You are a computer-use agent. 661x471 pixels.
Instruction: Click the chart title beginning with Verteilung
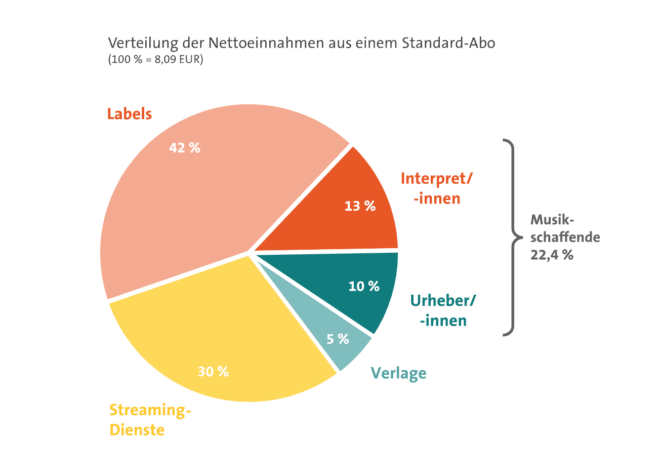(301, 43)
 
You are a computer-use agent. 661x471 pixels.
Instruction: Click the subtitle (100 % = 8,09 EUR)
(155, 59)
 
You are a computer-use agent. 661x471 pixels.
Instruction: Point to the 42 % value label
(185, 148)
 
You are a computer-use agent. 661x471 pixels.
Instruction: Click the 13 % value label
(360, 206)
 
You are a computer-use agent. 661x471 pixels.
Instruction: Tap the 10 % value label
(364, 287)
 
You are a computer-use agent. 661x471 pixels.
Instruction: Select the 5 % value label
(338, 339)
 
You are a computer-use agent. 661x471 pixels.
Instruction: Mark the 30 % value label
(213, 372)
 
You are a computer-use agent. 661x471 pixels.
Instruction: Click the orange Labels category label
(130, 114)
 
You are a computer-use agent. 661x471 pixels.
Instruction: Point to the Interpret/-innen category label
(436, 188)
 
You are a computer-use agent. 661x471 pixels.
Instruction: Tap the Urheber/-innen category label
(443, 310)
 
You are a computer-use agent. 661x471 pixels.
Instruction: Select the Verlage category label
(398, 373)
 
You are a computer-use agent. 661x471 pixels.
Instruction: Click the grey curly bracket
(511, 237)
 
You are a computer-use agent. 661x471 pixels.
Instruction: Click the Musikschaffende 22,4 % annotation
(564, 237)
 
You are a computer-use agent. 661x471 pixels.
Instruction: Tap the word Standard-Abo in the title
(448, 43)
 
